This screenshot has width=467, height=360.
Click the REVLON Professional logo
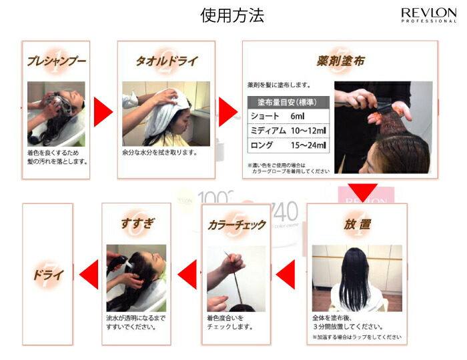coord(428,15)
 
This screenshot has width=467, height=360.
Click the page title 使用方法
coord(233,15)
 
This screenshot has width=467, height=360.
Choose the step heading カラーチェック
coord(237,225)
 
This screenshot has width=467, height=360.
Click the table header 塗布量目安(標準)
coord(287,103)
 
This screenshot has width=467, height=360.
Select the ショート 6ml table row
coord(287,116)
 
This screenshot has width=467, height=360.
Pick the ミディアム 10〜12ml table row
coord(287,130)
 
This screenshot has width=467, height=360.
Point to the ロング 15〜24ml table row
coord(287,145)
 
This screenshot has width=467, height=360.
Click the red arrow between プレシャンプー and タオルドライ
coord(103,111)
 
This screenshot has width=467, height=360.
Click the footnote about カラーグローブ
coord(288,168)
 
